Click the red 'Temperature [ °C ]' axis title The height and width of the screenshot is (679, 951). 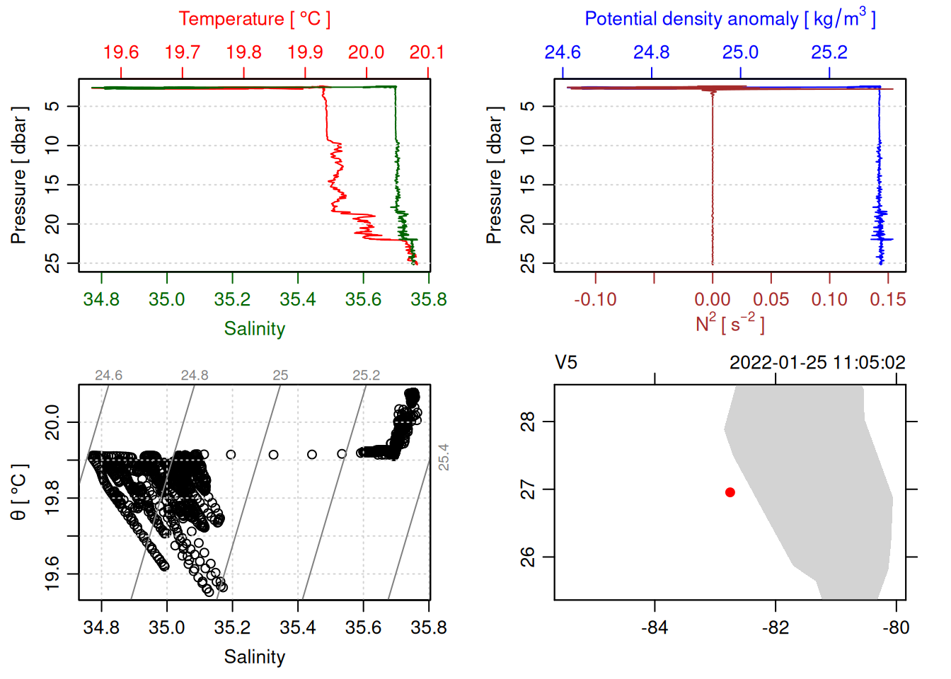[x=254, y=19]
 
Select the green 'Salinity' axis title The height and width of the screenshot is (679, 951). [x=254, y=329]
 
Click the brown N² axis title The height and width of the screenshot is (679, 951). [x=730, y=323]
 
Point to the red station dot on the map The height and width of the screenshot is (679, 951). [x=730, y=492]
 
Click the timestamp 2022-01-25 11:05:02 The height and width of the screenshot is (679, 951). [x=817, y=363]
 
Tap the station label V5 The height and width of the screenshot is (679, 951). [x=566, y=363]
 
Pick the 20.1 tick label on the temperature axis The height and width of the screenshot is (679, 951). [x=427, y=52]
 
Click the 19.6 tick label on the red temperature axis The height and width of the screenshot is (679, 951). [x=121, y=52]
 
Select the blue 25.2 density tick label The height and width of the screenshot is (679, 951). [x=829, y=52]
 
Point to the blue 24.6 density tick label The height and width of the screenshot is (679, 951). [x=563, y=52]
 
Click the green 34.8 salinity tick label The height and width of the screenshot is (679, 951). [x=101, y=299]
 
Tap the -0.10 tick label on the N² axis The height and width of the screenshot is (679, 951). [x=595, y=299]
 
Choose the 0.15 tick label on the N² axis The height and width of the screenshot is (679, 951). [x=887, y=299]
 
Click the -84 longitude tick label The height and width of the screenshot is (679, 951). [x=654, y=627]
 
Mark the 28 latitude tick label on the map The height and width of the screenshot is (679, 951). [x=528, y=422]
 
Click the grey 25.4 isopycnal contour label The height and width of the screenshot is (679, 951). [x=443, y=457]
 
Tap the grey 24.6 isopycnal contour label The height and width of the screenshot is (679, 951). [x=108, y=375]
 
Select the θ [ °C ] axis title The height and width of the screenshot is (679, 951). [x=18, y=492]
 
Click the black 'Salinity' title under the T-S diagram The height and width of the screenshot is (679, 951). [x=254, y=657]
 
